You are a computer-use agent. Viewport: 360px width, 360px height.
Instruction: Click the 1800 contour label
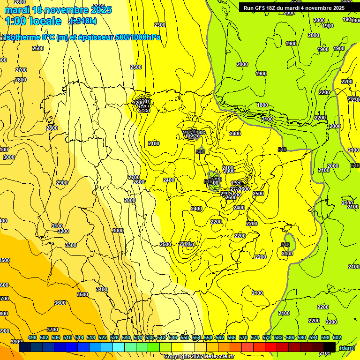262,105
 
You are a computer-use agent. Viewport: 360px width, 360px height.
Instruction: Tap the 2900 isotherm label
61,183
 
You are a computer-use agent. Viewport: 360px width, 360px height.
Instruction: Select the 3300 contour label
71,245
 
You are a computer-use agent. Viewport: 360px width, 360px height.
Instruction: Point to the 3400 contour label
102,289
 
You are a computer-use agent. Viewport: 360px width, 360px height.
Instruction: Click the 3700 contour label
52,330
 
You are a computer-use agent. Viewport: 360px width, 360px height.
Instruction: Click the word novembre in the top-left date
68,10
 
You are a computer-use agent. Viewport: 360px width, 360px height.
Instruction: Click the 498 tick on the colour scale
32,337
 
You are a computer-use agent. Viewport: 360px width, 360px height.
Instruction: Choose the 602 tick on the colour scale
337,337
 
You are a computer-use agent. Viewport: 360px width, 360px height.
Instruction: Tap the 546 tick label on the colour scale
173,337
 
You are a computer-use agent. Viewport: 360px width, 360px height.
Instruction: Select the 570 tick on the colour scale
243,337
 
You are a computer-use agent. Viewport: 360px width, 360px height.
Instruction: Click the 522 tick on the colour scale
103,337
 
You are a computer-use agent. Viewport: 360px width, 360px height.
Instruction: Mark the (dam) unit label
346,348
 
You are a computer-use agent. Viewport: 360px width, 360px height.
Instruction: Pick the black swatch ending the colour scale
330,347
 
